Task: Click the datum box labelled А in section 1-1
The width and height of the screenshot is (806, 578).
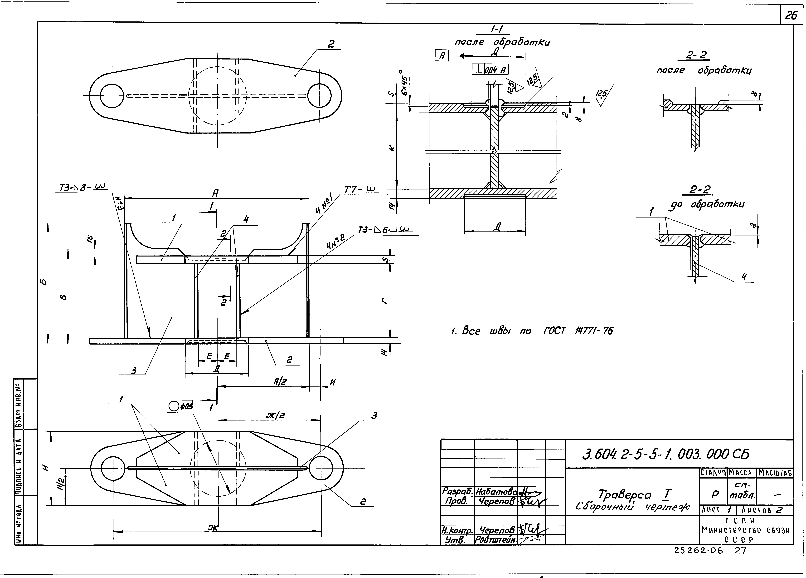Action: click(442, 56)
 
